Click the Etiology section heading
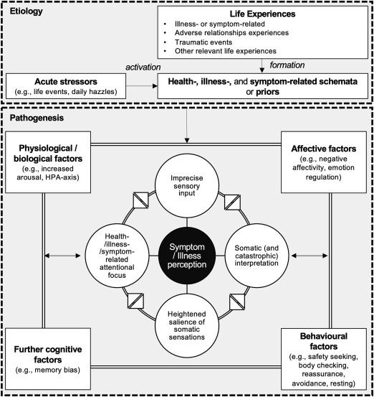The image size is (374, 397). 25,11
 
